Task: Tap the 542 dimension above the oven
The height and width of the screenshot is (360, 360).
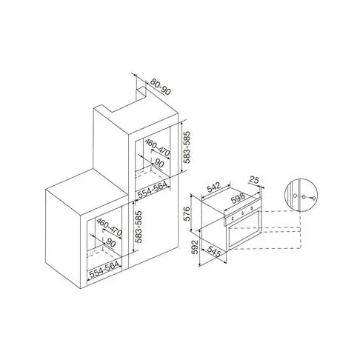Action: tap(214, 186)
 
